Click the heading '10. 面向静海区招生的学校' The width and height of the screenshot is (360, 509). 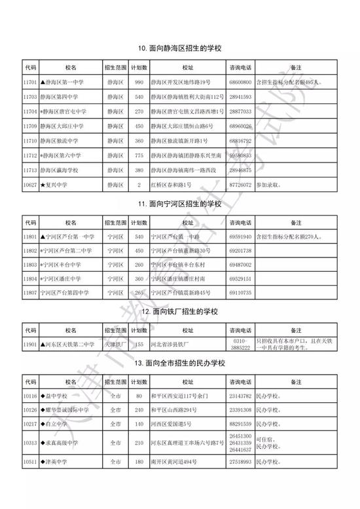[179, 48]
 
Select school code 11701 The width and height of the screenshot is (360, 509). [30, 83]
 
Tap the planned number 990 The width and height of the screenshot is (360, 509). [138, 83]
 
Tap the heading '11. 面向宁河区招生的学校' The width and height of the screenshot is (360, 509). [179, 204]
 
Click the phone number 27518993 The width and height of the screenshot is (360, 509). [241, 462]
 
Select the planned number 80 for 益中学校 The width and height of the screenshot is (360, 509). [138, 396]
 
